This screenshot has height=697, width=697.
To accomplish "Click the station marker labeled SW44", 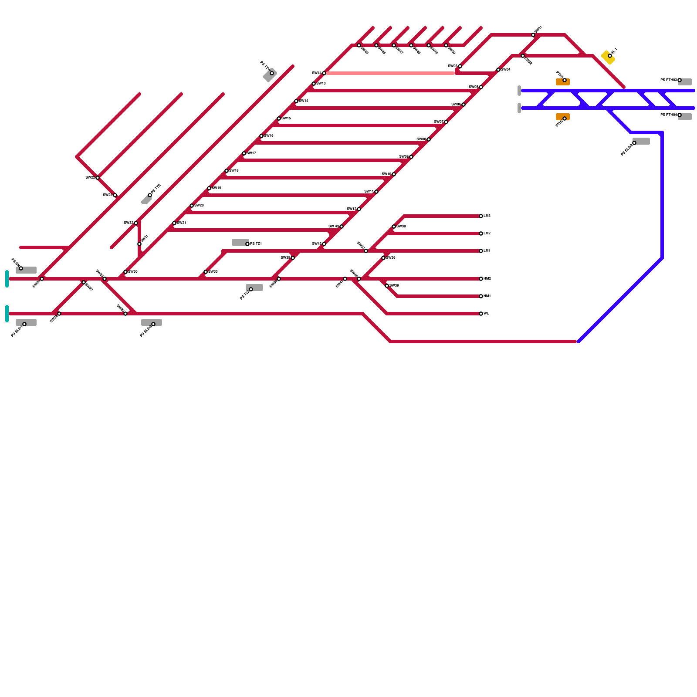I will pos(324,73).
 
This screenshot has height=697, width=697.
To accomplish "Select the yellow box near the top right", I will pos(608,57).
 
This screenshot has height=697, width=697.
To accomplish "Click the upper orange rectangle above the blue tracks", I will pos(562,82).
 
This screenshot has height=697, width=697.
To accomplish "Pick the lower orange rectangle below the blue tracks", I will pos(562,117).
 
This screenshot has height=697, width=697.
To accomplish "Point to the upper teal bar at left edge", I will pos(7,279).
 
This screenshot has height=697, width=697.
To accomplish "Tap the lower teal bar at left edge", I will pos(7,314).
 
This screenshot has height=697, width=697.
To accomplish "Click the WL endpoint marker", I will pos(481,314).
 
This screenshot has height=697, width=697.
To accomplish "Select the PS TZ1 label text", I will pos(256,244).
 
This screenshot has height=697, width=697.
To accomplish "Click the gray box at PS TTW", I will pos(270,75).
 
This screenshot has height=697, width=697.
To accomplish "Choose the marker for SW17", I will pos(244,153).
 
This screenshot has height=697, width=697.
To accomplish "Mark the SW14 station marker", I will pos(296,101).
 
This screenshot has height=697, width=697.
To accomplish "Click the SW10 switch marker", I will pos(394,174).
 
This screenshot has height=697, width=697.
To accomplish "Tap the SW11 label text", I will pos(369,192).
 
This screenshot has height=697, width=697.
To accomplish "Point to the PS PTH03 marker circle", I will pos(680,80).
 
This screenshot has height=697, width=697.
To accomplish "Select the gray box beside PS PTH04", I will pos(685,117).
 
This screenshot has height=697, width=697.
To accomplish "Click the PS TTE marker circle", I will pos(150,195).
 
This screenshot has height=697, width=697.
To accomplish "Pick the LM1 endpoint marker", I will pos(481,251).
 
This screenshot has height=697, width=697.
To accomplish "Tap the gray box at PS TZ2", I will pos(255,288).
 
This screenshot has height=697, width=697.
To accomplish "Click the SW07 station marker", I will pos(446,122).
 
